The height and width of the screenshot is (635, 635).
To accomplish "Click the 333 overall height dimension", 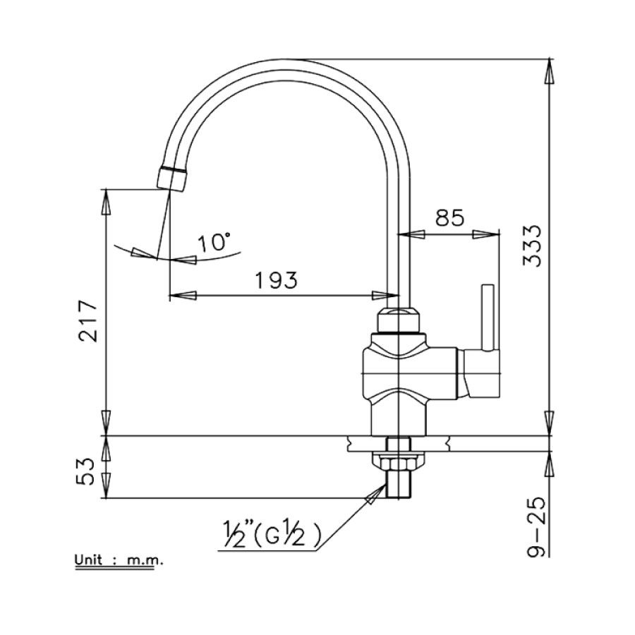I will tap(534, 246).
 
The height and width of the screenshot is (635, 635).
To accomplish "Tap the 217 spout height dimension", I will tap(87, 320).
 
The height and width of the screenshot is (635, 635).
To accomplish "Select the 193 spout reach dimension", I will tap(275, 280).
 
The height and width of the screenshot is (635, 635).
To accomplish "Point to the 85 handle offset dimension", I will tap(449, 218).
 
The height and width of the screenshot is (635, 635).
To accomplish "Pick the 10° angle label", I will tap(214, 243).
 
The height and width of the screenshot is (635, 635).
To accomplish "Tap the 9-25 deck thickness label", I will tap(536, 526).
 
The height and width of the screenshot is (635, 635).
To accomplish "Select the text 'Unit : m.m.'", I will tap(119, 562).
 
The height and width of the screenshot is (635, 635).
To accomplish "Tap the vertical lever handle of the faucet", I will tap(487, 317).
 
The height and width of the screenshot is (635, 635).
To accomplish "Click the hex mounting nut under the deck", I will tap(399, 462).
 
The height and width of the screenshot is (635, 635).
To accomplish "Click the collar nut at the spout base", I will tap(399, 321).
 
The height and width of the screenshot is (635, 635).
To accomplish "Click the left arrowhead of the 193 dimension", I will tap(180, 294).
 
